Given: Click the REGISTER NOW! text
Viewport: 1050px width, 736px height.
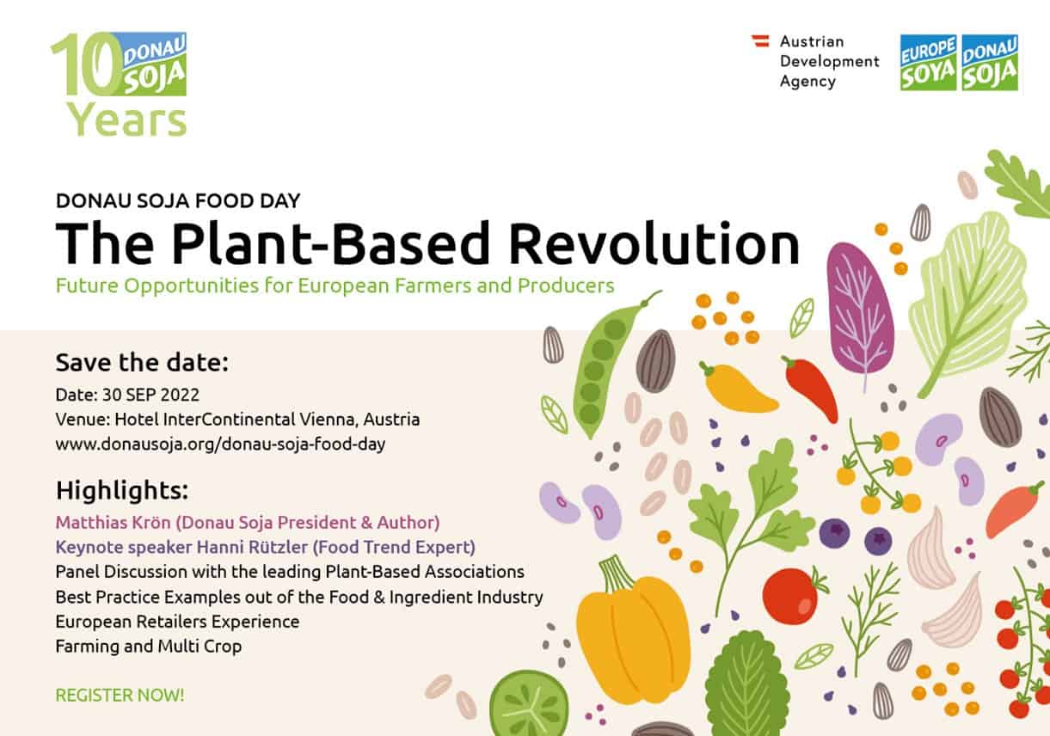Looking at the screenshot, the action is (120, 696).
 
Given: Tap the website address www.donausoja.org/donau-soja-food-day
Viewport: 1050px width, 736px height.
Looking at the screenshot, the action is (220, 444).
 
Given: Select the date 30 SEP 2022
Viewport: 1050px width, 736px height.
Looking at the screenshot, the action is (151, 395).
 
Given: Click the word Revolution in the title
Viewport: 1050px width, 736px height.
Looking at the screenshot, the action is (654, 244).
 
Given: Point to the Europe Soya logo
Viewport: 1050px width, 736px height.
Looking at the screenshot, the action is (928, 63).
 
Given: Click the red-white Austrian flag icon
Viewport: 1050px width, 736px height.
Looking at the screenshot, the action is (761, 40).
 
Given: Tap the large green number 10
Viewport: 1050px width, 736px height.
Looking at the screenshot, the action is (87, 64).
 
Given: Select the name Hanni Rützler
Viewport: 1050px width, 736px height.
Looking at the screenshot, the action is (252, 547).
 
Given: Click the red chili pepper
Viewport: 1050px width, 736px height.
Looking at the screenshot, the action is (810, 388).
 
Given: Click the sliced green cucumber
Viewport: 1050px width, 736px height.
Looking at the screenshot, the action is (529, 704).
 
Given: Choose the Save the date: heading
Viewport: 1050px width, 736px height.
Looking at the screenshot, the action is (142, 362).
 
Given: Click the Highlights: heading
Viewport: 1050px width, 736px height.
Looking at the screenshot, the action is (122, 490).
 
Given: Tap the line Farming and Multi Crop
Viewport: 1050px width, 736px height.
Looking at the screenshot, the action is (149, 647).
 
